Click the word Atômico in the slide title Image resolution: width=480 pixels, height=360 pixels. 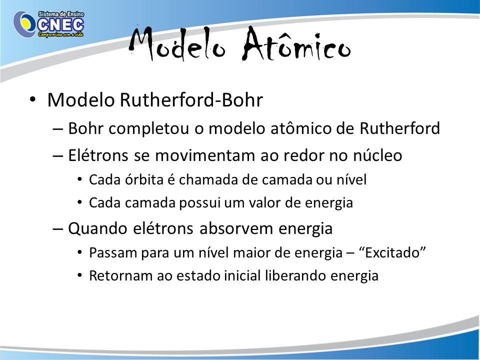coord(296,44)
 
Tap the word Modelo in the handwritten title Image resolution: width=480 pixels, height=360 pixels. coord(177,44)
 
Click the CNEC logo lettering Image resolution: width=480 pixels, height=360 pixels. coord(60,25)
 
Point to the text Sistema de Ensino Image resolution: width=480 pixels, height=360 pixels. coord(61,14)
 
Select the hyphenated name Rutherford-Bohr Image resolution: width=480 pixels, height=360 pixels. coord(191,100)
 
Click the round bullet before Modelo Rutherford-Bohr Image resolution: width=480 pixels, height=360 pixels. coord(33,100)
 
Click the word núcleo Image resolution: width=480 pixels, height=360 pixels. coord(377,155)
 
